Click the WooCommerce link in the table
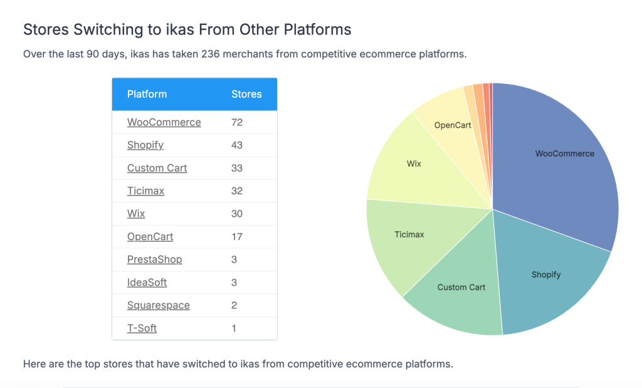click(164, 122)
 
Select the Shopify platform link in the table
click(145, 145)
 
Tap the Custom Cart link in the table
click(157, 168)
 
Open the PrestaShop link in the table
click(154, 260)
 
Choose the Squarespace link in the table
click(158, 305)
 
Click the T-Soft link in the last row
click(142, 328)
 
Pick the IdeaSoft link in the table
click(147, 282)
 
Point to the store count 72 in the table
click(237, 122)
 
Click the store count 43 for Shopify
click(237, 145)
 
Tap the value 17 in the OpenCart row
click(236, 237)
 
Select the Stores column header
click(246, 94)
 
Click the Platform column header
click(147, 94)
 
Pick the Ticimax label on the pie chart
click(409, 234)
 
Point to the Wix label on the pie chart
click(414, 164)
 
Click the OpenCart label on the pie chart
click(453, 125)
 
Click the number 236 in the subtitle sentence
click(211, 54)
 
